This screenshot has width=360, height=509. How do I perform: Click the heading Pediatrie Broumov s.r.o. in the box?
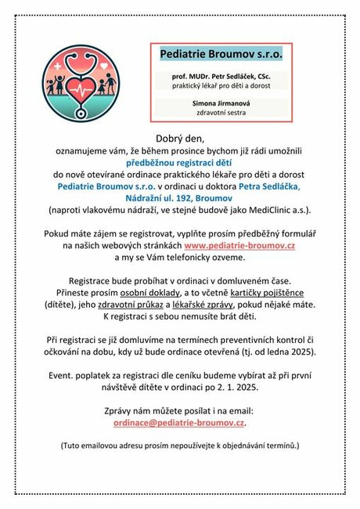tap(221, 55)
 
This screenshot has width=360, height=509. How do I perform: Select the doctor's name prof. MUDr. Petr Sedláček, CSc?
tap(221, 77)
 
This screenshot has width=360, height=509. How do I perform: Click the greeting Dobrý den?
tap(179, 139)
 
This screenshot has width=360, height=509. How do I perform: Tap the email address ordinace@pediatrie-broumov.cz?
tap(179, 422)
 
